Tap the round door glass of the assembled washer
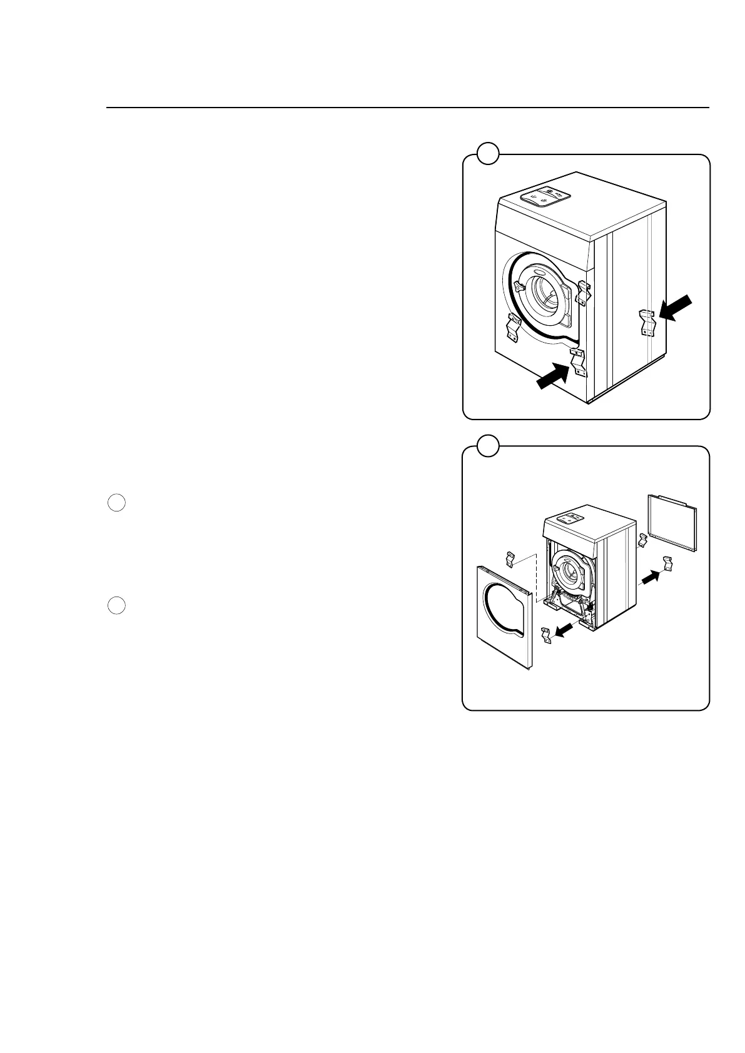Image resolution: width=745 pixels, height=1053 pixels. (545, 296)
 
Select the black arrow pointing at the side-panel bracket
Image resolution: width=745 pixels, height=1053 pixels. (676, 310)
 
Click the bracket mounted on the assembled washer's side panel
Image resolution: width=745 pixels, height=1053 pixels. (647, 321)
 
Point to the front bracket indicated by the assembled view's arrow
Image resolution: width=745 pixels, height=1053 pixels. (578, 363)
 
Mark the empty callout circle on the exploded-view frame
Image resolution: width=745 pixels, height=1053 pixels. (488, 445)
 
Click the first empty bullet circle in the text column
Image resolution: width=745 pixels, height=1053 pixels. (116, 503)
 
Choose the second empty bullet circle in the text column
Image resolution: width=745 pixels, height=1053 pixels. (116, 605)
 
